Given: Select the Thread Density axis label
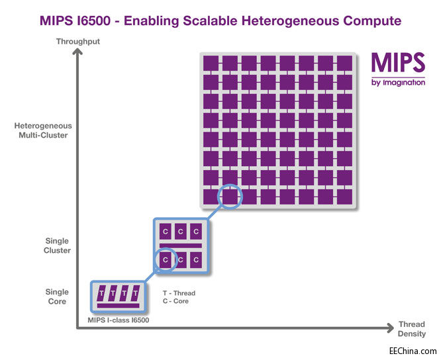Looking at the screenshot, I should click(x=411, y=329).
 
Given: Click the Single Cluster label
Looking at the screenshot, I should click(x=57, y=246).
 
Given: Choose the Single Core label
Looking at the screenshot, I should click(x=57, y=296).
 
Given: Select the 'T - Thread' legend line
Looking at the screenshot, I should click(x=179, y=293).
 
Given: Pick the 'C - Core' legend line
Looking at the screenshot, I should click(x=175, y=301).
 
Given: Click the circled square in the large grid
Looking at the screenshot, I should click(x=230, y=197).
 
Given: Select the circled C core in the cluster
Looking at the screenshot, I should click(x=165, y=259).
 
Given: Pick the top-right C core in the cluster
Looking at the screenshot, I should click(x=196, y=232).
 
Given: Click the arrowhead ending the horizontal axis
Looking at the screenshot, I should click(x=389, y=327).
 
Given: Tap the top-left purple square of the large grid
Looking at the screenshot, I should click(x=211, y=62).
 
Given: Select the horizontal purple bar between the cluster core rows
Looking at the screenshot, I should click(x=180, y=246).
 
